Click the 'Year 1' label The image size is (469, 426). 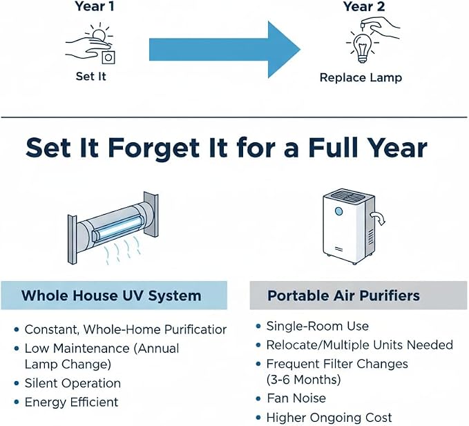[95, 6]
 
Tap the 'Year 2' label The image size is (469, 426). [364, 6]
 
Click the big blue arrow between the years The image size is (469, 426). [224, 50]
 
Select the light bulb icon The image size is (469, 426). [363, 47]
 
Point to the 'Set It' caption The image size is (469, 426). [91, 76]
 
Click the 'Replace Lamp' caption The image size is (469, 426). [361, 78]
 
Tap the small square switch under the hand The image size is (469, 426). [108, 57]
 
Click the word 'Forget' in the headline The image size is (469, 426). [153, 148]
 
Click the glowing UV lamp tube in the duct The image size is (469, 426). [117, 226]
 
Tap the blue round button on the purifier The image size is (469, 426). [338, 211]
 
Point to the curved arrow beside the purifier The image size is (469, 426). [379, 218]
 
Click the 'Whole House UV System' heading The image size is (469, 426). [111, 296]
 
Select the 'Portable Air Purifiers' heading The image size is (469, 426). [343, 296]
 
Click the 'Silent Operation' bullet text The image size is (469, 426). [73, 383]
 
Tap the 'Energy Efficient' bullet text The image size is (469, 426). [71, 402]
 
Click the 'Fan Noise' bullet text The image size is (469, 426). [296, 398]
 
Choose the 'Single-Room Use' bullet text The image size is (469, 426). [317, 326]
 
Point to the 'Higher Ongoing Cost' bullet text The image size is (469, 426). [329, 417]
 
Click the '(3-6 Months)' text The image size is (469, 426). [304, 380]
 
